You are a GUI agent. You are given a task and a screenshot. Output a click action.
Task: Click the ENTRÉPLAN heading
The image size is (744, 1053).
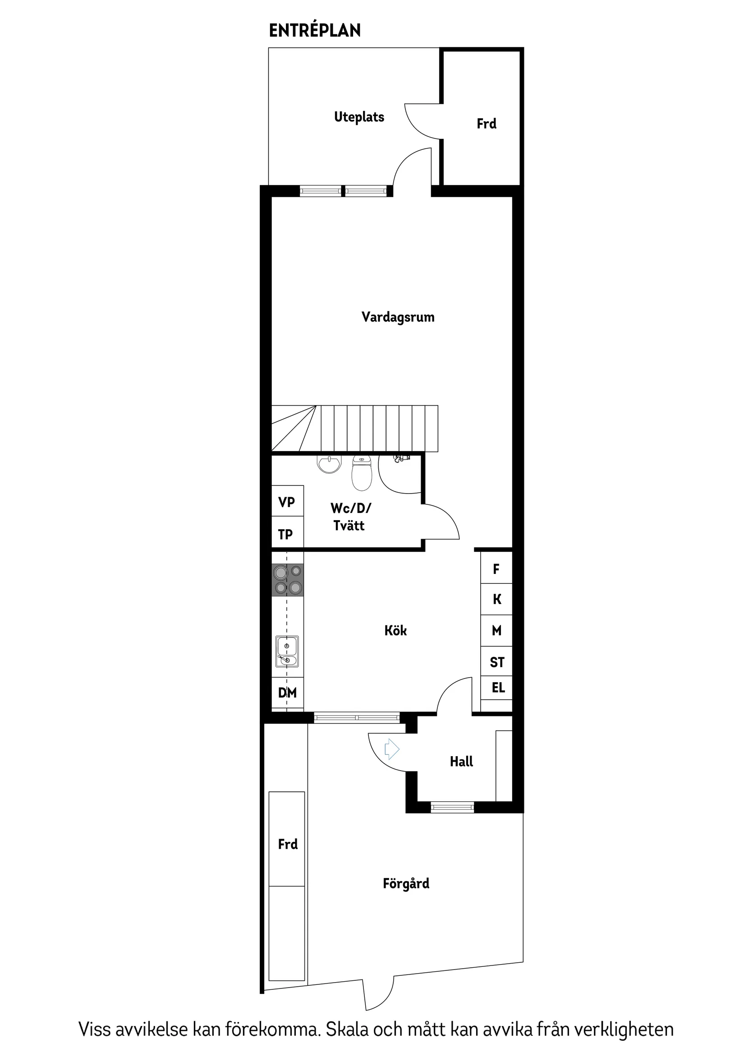(314, 31)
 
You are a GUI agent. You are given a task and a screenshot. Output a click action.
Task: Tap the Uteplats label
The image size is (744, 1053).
(359, 117)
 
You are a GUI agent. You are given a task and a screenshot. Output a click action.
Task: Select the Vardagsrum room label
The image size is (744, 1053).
(397, 317)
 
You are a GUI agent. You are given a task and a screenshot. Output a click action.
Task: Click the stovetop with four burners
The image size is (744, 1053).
(287, 580)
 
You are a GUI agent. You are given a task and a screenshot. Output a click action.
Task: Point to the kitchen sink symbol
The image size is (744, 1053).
(287, 652)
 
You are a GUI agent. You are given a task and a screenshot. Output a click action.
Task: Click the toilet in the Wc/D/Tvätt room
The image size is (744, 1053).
(362, 474)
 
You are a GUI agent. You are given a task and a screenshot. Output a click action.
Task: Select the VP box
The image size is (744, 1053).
(287, 502)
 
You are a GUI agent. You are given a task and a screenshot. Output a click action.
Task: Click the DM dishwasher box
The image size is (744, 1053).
(287, 693)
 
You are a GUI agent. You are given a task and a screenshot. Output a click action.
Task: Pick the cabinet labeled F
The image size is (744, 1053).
(496, 569)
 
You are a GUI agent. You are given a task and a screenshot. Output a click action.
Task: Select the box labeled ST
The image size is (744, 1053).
(497, 662)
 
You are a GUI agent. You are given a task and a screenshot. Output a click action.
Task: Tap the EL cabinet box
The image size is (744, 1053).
(498, 688)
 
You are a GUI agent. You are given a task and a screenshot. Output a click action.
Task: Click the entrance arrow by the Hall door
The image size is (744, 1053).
(391, 749)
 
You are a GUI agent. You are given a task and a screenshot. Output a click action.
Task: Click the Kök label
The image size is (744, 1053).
(395, 631)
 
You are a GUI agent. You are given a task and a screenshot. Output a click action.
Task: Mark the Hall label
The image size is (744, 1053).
(461, 762)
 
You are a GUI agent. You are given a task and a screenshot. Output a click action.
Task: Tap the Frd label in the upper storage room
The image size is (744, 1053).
(487, 124)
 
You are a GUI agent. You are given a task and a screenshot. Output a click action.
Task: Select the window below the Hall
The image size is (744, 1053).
(452, 807)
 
